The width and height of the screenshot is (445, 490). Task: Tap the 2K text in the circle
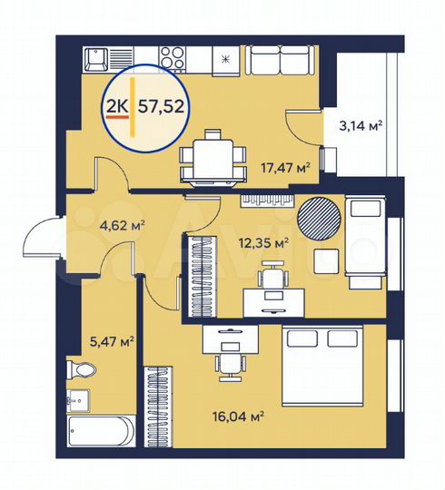click(118, 106)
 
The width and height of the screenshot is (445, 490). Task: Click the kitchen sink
click(95, 60)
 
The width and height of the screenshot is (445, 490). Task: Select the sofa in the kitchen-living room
click(280, 63)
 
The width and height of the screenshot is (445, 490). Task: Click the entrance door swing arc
click(41, 240)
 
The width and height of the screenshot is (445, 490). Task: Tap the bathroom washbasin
click(79, 400)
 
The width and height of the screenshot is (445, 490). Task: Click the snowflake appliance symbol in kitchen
click(224, 59)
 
